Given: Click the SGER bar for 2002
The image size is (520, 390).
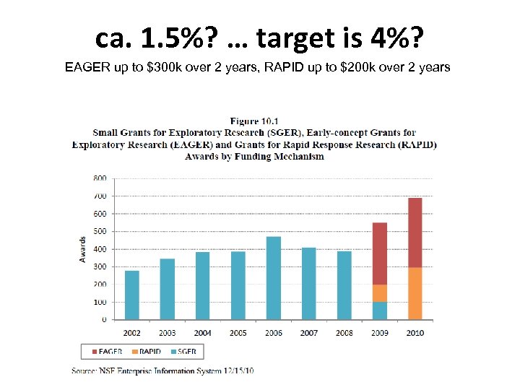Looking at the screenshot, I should click(x=131, y=295).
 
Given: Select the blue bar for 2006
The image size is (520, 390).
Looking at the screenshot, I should click(x=273, y=278).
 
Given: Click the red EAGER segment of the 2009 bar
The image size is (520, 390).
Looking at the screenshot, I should click(x=379, y=253).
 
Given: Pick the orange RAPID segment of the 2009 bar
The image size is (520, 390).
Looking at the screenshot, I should click(x=379, y=293).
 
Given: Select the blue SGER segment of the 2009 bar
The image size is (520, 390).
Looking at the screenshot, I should click(x=379, y=311).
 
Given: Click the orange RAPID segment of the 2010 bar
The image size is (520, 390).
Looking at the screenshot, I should click(x=415, y=293).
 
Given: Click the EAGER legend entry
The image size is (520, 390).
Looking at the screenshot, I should click(x=107, y=352).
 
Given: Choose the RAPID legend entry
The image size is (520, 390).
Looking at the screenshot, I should click(x=146, y=352).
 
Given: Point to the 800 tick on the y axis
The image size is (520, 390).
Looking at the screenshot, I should click(x=100, y=178).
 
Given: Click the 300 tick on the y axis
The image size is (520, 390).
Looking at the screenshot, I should click(x=100, y=266).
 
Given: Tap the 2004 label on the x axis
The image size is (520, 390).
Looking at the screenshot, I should click(x=202, y=333).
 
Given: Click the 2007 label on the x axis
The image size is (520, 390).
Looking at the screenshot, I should click(x=308, y=333).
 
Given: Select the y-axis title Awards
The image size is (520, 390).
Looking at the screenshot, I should click(x=83, y=249).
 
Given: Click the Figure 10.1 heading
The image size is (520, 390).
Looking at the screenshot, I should click(x=254, y=121).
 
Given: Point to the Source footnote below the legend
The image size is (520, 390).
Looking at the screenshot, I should click(x=162, y=370).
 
